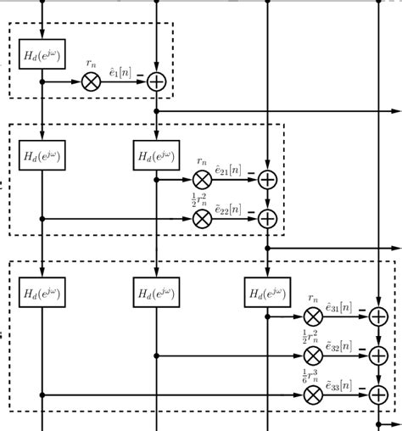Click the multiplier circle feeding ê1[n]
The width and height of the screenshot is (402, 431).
pyautogui.click(x=92, y=81)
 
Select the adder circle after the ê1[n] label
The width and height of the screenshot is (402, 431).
pyautogui.click(x=157, y=81)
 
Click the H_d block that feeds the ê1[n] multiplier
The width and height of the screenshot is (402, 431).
pyautogui.click(x=42, y=55)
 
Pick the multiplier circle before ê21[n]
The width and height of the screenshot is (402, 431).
pyautogui.click(x=202, y=179)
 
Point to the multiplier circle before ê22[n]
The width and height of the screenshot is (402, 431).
pyautogui.click(x=202, y=218)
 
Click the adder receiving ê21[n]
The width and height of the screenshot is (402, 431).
pyautogui.click(x=267, y=179)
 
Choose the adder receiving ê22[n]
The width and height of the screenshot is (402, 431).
pyautogui.click(x=267, y=218)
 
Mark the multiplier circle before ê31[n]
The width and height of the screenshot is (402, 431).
pyautogui.click(x=313, y=316)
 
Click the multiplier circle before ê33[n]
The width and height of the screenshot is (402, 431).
pyautogui.click(x=313, y=395)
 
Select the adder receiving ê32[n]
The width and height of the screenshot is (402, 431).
pyautogui.click(x=378, y=355)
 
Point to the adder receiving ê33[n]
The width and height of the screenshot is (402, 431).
pyautogui.click(x=378, y=395)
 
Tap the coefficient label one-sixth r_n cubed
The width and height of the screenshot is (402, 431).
pyautogui.click(x=311, y=377)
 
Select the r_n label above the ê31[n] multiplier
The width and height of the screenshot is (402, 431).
pyautogui.click(x=312, y=299)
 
